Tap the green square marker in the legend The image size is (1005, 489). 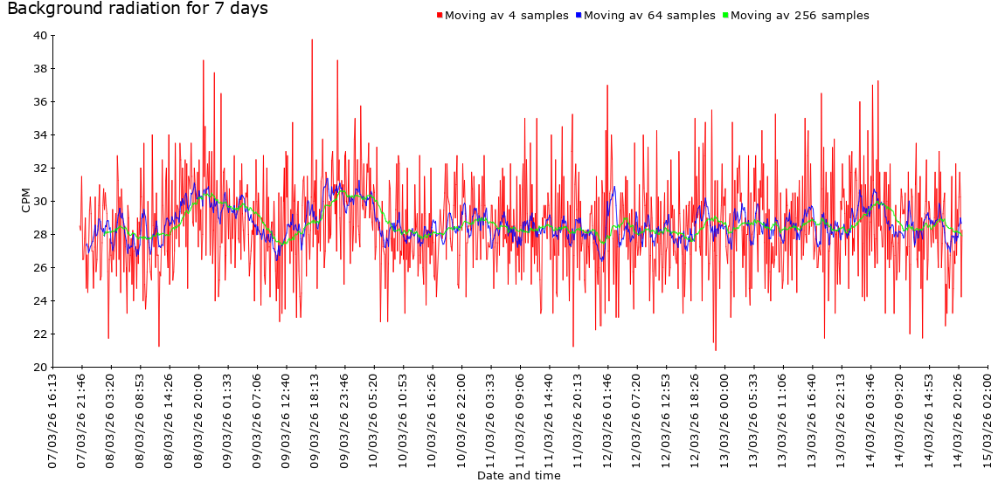[x=725, y=16]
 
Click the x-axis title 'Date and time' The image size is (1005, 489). [x=519, y=476]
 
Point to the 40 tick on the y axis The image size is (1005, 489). [x=40, y=36]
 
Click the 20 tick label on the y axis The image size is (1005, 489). [x=40, y=368]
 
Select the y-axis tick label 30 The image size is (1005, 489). [x=40, y=202]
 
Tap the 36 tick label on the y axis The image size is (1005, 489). [x=40, y=102]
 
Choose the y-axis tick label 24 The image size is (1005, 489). [x=40, y=301]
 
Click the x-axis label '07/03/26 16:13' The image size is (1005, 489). [x=53, y=419]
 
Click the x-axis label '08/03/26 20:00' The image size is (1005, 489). [x=199, y=419]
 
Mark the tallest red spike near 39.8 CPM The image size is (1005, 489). [x=312, y=40]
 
